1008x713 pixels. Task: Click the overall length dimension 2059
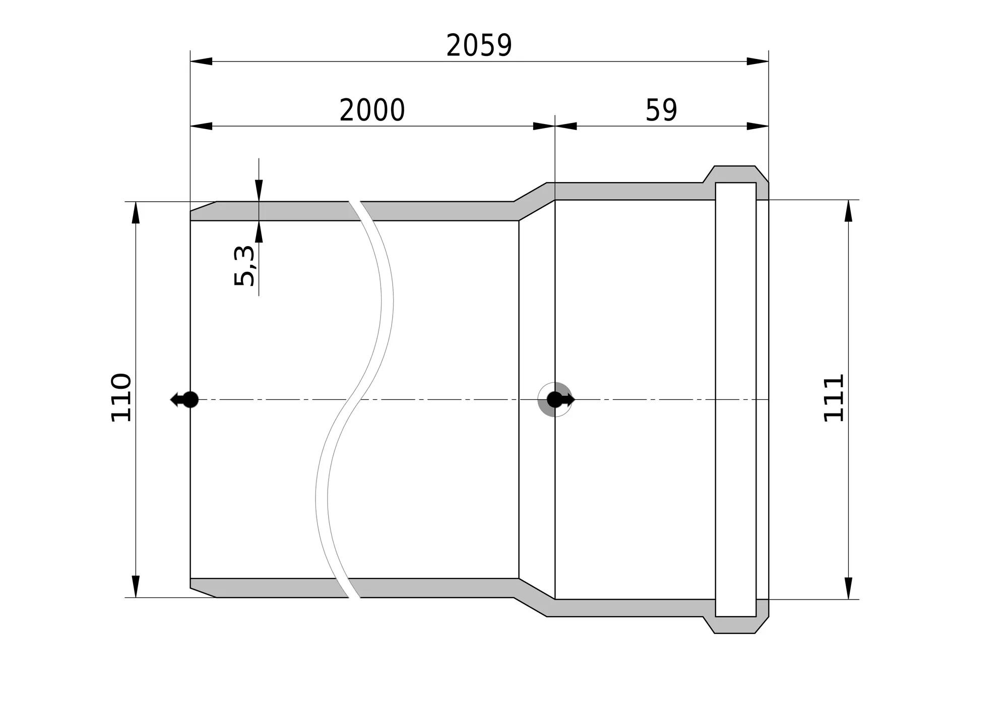click(479, 45)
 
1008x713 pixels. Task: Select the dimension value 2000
click(372, 110)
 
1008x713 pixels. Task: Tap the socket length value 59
click(661, 110)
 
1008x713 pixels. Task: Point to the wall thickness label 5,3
click(245, 265)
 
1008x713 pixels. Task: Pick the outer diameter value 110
click(121, 397)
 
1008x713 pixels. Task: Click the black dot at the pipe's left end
click(190, 399)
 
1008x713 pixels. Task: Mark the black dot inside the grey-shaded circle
click(554, 399)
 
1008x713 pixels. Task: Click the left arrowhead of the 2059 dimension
click(201, 62)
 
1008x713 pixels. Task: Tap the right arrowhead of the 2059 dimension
click(758, 62)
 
